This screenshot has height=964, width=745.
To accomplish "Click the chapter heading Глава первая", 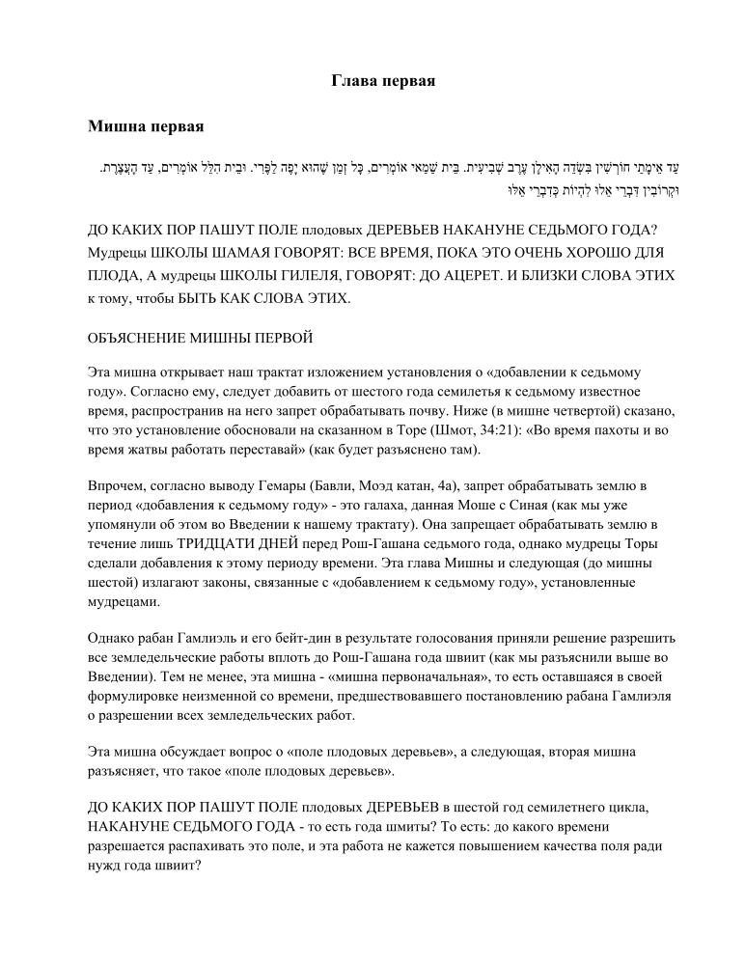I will [383, 81].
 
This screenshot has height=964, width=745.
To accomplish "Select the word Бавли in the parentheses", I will [312, 485].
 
